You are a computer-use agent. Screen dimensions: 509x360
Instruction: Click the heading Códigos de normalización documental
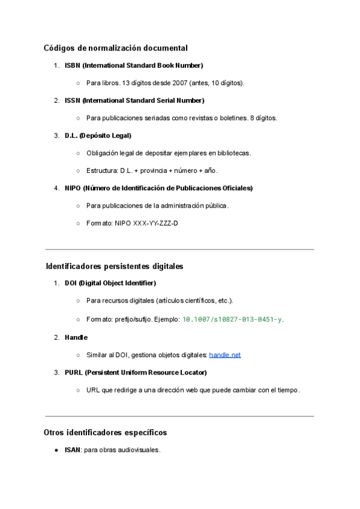[x=116, y=48]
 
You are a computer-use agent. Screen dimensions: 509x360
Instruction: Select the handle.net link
[x=225, y=355]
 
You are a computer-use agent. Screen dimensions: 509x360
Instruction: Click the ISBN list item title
[x=134, y=65]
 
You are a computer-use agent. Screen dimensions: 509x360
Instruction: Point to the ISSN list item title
[x=134, y=100]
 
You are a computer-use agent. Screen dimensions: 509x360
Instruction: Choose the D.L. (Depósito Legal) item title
[x=98, y=135]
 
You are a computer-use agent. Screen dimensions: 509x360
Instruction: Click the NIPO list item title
[x=158, y=188]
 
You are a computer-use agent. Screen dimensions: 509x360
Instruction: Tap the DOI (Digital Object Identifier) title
[x=110, y=283]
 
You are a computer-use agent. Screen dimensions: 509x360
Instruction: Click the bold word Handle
[x=76, y=337]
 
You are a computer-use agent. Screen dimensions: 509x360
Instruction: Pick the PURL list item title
[x=136, y=372]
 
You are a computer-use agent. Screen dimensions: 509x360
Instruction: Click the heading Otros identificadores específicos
[x=105, y=432]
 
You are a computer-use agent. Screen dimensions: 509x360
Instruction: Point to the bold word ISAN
[x=73, y=450]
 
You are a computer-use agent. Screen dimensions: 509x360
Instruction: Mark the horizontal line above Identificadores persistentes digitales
[x=179, y=249]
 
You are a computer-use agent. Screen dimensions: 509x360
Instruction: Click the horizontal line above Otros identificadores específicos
[x=179, y=416]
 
